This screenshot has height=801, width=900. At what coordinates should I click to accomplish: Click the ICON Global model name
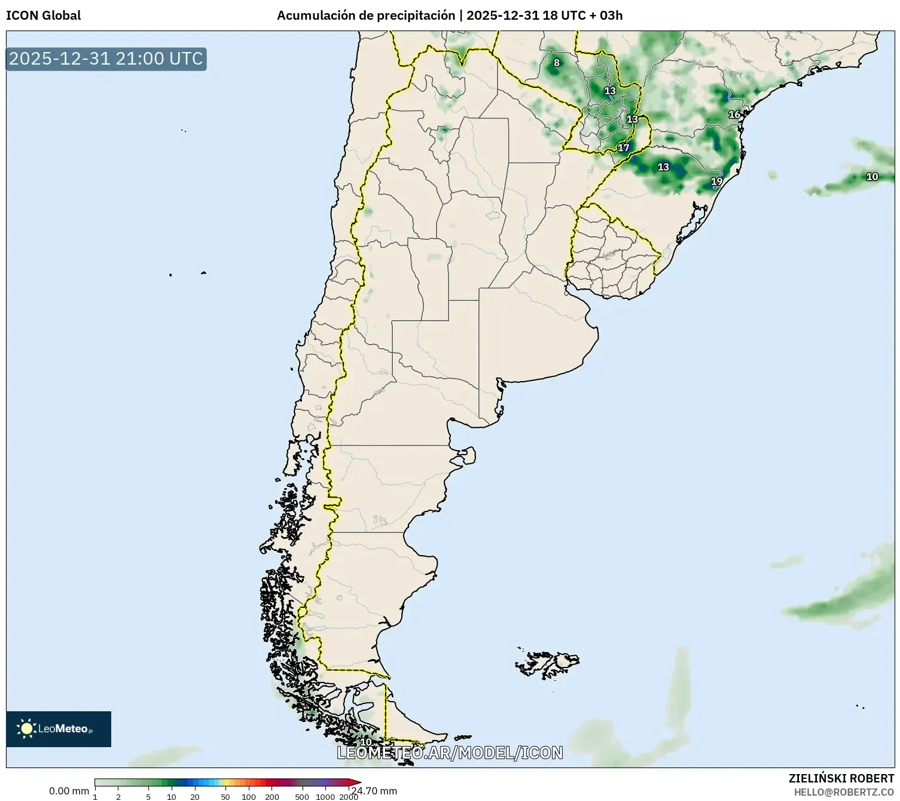tap(43, 16)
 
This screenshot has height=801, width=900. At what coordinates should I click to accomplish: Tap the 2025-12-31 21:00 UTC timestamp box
tap(106, 59)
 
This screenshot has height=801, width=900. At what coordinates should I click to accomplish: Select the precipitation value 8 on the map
tap(557, 63)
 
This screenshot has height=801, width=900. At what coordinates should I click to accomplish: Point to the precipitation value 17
tap(624, 148)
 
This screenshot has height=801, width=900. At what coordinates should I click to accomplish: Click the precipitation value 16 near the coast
tap(734, 114)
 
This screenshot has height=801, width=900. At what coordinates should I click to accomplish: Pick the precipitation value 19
tap(716, 181)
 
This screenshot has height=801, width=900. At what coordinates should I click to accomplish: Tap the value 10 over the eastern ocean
tap(872, 176)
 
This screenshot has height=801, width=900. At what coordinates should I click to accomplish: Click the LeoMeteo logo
tap(59, 729)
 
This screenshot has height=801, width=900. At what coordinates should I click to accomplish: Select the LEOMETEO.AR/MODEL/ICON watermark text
tap(450, 753)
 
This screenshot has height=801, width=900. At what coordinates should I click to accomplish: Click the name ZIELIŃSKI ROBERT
tap(841, 778)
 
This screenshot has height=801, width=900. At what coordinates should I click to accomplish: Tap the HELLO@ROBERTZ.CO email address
tap(843, 792)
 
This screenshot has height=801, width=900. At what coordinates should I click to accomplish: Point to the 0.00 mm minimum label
tap(69, 791)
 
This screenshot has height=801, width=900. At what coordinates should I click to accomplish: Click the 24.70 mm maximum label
tap(374, 791)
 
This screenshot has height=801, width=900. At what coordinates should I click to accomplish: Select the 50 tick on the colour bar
tap(225, 797)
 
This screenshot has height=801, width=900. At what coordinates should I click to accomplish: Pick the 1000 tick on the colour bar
tap(325, 797)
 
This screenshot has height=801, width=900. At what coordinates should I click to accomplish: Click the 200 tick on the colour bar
tap(272, 797)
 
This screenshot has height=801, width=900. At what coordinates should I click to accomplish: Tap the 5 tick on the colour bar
tap(148, 797)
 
